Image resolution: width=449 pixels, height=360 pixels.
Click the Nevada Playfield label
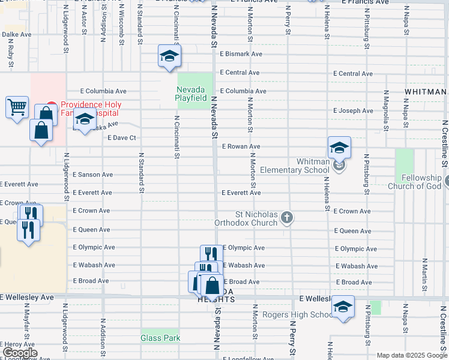pos(191,94)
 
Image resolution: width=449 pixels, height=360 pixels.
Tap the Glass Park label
pos(160,338)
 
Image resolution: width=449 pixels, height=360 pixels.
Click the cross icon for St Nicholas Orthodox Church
pos(287,217)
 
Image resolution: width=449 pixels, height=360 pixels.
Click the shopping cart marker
pos(17,107)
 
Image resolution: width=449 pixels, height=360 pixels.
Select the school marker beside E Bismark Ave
pos(170,56)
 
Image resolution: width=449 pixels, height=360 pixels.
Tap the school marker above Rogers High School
pos(343,306)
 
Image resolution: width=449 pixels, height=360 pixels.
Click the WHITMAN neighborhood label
pos(425,92)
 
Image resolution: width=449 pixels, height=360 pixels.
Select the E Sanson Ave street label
pos(92,175)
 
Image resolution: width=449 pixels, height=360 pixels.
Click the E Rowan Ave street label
pos(241,146)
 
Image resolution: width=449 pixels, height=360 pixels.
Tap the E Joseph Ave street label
pos(353,110)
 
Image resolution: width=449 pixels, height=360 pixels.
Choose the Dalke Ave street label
pos(16,35)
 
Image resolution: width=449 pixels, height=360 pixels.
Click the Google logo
pos(20,353)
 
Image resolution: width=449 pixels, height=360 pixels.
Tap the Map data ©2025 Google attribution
pos(411,355)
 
